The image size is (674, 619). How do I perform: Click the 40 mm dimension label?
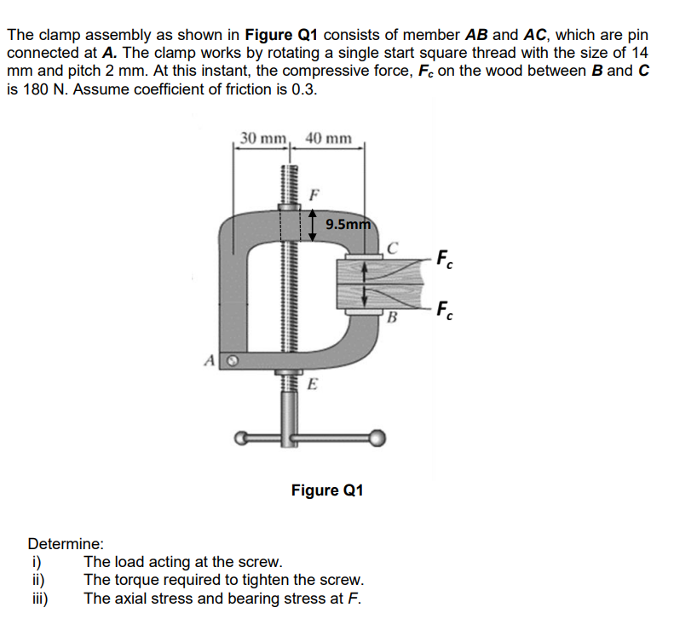[327, 138]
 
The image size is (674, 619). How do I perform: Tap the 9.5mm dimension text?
[348, 226]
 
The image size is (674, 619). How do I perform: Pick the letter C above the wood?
[392, 249]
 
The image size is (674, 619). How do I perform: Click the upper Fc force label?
[444, 256]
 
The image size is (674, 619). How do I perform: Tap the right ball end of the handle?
[376, 438]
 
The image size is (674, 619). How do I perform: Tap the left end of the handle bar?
[243, 439]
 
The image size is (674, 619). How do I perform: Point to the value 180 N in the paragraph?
[37, 89]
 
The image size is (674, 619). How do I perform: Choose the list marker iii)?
[39, 598]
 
